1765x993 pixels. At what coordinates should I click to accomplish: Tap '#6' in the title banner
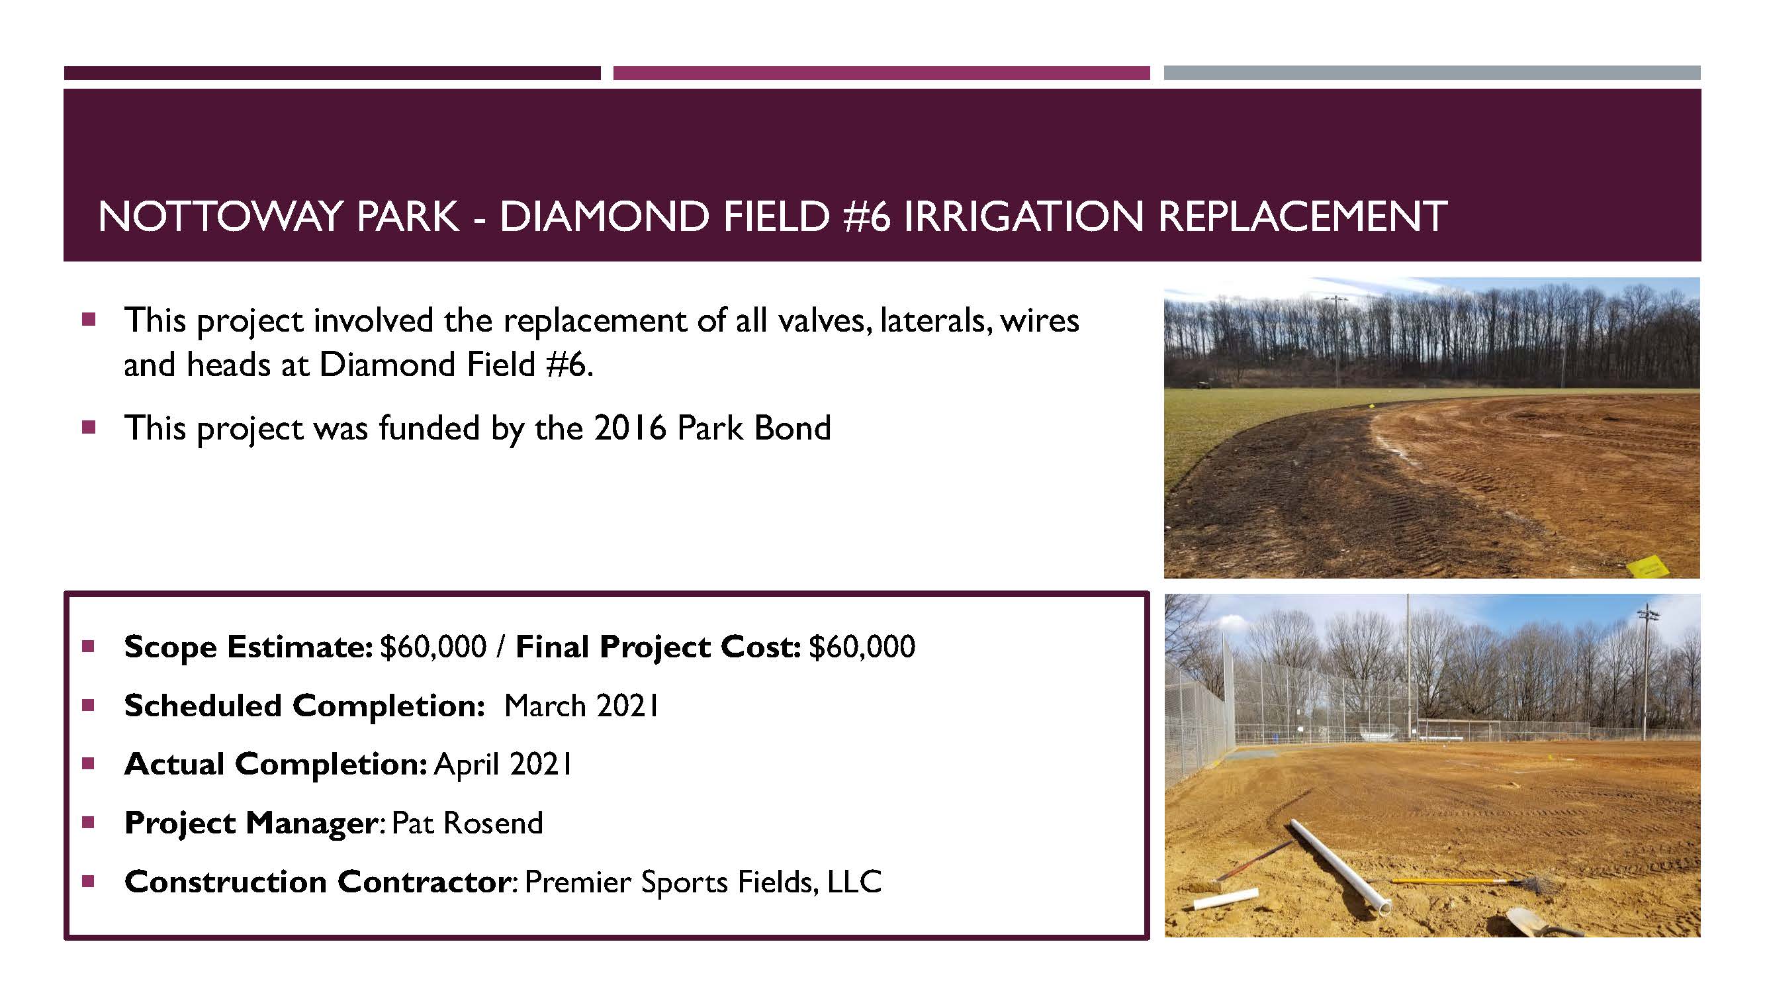(x=868, y=216)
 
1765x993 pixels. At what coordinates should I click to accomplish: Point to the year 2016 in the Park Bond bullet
(x=630, y=428)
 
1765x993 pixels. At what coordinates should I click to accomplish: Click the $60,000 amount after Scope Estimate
(x=433, y=646)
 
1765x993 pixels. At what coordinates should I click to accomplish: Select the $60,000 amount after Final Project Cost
(x=862, y=646)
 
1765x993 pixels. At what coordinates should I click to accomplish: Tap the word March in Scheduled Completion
(x=545, y=706)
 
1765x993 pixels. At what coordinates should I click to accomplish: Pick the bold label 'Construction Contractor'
(x=316, y=882)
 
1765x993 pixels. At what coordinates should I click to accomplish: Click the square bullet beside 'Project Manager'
(x=88, y=822)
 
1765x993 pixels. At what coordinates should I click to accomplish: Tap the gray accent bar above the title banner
(x=1432, y=73)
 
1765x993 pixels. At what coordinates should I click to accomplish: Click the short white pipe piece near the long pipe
(x=1226, y=899)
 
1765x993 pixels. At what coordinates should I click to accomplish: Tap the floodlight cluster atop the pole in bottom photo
(x=1648, y=614)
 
